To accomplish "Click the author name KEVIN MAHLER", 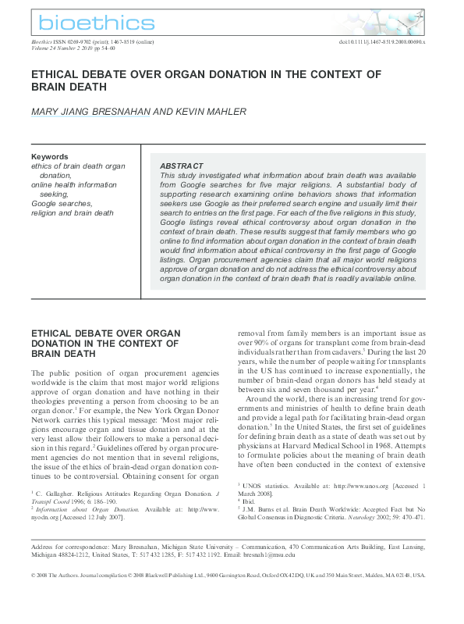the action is pyautogui.click(x=211, y=112).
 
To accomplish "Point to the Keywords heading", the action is pyautogui.click(x=49, y=156).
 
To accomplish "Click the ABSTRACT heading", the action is pyautogui.click(x=181, y=166).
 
